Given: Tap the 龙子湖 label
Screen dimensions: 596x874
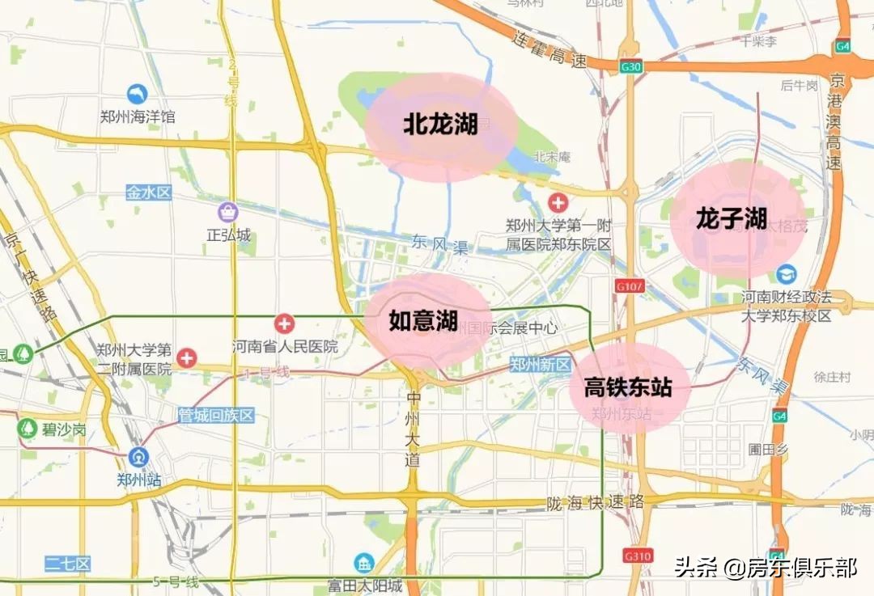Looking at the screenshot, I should pos(731,218).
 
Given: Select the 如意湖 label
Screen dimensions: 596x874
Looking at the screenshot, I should pos(423,321).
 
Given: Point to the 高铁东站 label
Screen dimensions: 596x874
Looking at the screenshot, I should pos(628,387).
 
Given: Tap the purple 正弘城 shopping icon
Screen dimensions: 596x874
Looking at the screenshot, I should pos(229,213).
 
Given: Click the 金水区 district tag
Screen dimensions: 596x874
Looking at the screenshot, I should pos(149,192).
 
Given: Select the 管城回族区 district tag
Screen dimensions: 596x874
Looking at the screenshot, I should pos(216,416).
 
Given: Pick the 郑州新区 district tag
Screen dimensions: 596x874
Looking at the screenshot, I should pos(541,365).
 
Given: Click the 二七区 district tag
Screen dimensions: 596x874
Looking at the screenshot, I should pos(68,564).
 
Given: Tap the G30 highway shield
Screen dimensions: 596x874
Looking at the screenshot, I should pos(630,67).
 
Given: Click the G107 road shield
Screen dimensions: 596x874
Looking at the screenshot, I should pos(628,285).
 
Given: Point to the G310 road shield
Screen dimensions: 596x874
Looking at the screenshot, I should pos(637,556).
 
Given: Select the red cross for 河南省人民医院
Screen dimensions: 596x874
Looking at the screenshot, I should pos(284,324).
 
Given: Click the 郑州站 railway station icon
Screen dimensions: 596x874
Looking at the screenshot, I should pos(138,457).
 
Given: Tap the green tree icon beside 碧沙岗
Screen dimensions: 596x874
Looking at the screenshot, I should pos(28,429).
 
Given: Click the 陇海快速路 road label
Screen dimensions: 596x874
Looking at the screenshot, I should pos(596,502).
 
